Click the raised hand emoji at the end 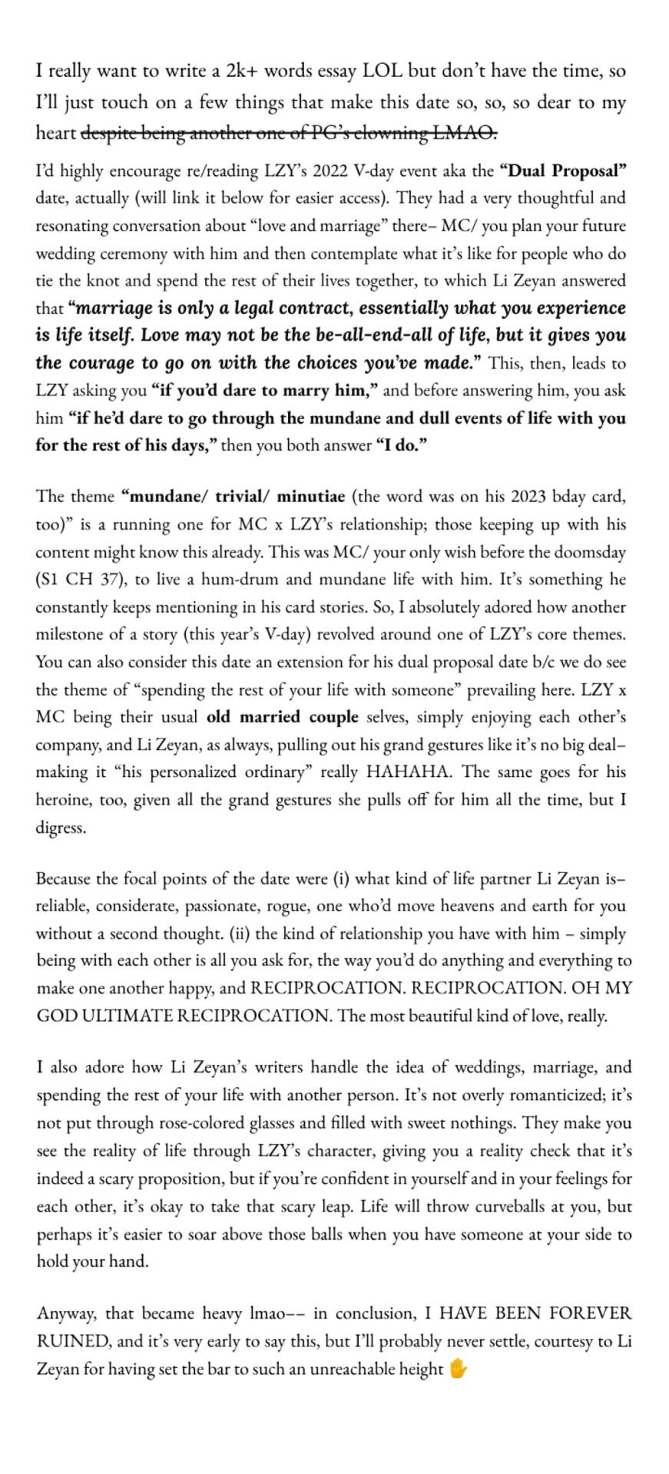pyautogui.click(x=458, y=1369)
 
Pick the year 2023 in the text pyautogui.click(x=530, y=497)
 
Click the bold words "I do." pyautogui.click(x=401, y=446)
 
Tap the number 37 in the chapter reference pyautogui.click(x=114, y=580)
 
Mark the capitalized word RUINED pyautogui.click(x=72, y=1341)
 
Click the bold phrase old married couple pyautogui.click(x=282, y=717)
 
